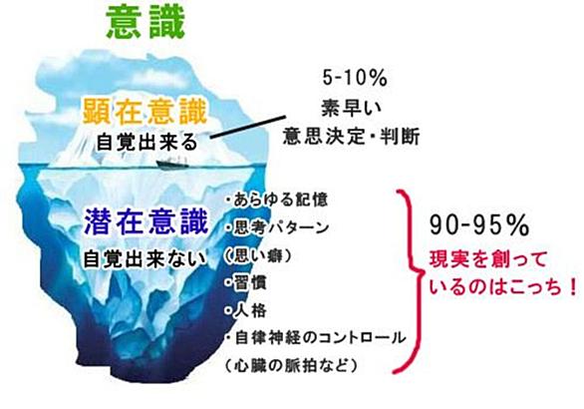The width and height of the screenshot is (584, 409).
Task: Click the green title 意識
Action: click(146, 23)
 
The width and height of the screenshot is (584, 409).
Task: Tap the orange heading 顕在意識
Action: click(145, 111)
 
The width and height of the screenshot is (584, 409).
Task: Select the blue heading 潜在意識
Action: click(146, 222)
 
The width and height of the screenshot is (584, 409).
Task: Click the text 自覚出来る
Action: click(146, 142)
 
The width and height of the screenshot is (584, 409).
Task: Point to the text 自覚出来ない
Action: click(145, 258)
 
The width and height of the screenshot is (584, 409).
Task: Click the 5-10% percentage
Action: click(355, 78)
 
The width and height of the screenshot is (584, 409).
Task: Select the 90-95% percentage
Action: click(479, 224)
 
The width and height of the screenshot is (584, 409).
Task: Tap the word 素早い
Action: click(352, 108)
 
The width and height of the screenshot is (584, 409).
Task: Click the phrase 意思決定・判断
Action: click(351, 136)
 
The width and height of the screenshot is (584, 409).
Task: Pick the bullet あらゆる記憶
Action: click(276, 200)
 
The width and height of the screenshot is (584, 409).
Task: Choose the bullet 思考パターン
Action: click(277, 227)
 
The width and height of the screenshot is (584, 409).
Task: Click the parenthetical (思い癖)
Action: click(257, 255)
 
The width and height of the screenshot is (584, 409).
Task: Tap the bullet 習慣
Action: click(246, 283)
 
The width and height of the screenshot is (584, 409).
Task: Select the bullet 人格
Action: click(246, 310)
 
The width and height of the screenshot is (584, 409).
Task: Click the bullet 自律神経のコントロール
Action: click(316, 338)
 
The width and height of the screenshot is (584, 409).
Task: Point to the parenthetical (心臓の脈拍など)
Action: click(291, 366)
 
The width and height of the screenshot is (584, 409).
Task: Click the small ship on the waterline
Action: click(172, 162)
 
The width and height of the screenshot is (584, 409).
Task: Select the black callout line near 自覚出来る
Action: click(248, 127)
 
